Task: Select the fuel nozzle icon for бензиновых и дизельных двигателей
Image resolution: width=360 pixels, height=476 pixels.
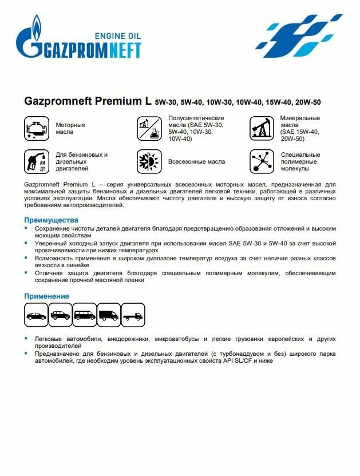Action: pos(36,161)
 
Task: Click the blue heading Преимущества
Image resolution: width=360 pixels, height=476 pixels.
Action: pos(51,220)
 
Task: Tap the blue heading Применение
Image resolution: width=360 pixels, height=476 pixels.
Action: pos(46,296)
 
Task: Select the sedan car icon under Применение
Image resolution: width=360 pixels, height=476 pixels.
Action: pos(37,315)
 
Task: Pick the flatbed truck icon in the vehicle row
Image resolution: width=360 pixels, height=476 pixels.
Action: pos(133,315)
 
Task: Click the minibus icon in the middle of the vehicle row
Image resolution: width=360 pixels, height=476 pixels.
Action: pos(85,315)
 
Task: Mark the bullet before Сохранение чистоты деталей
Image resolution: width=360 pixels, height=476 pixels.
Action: pos(26,228)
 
